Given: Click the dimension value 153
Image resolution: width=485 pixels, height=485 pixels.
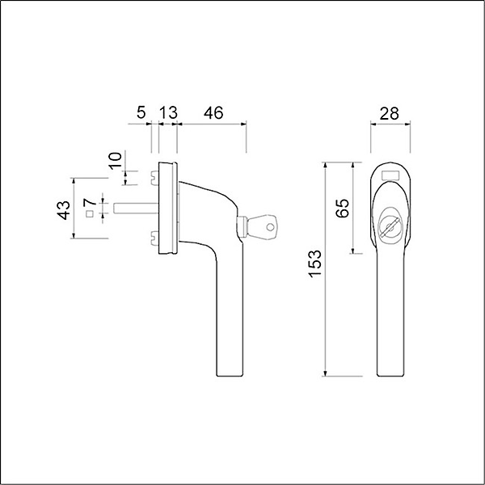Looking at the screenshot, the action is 315,264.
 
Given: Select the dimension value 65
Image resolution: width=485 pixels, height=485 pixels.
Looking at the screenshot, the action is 343,209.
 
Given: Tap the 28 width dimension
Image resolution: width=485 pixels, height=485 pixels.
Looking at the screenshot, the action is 389,113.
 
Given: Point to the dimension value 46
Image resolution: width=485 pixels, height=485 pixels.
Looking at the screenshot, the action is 213,113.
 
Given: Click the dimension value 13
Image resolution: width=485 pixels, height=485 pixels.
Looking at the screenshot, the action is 168,113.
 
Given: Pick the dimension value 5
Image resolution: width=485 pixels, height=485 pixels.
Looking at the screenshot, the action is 141,113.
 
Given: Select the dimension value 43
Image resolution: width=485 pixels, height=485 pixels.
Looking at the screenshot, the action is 64,210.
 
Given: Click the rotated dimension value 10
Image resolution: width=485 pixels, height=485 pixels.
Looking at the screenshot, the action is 116,160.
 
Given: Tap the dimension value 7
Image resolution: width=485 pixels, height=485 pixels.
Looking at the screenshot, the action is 90,202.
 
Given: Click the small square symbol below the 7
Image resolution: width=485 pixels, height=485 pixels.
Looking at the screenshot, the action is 90,213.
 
